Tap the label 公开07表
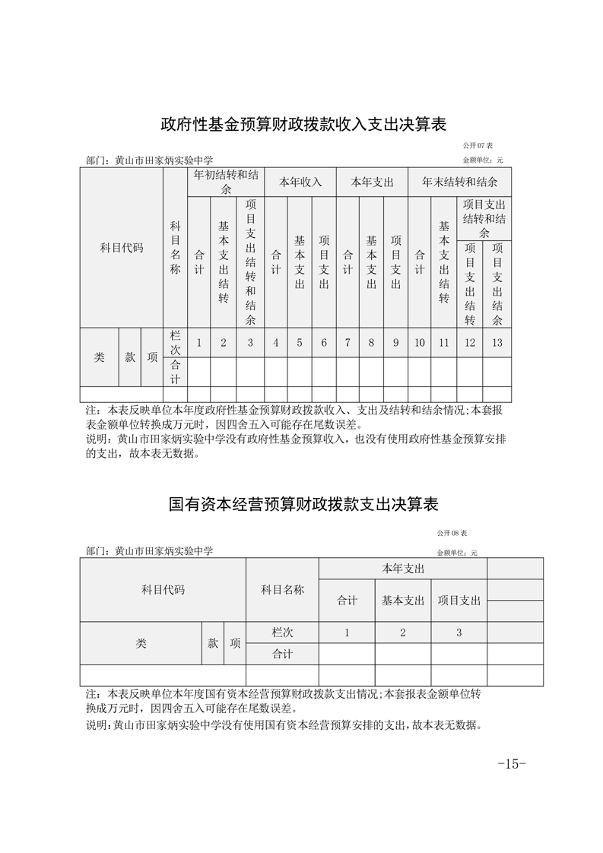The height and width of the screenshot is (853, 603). tap(478, 145)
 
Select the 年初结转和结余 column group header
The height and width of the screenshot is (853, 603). tap(224, 182)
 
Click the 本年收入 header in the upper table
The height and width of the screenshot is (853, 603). tap(300, 182)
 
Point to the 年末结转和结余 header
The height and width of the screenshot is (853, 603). tap(459, 182)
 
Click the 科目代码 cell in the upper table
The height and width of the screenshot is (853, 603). tap(122, 248)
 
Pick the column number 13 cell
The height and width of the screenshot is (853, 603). tap(497, 343)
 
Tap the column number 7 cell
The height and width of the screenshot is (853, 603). tap(348, 343)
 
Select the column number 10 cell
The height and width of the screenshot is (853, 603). tap(420, 343)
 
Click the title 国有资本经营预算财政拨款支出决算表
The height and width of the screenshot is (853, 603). tap(303, 504)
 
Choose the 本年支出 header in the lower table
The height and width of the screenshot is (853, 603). tap(402, 569)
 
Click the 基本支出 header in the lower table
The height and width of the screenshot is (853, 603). tap(402, 601)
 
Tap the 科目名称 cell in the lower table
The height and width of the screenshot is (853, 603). tap(282, 589)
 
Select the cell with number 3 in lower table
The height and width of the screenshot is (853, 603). tap(459, 633)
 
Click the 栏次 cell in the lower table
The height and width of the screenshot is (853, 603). tap(282, 633)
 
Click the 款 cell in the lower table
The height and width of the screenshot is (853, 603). tap(212, 643)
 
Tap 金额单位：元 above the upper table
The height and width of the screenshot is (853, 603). tap(483, 160)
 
